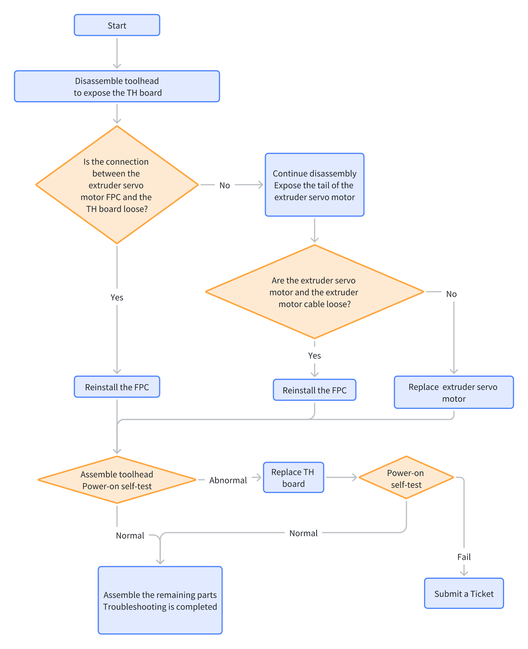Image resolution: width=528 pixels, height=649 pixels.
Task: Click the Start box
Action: tap(117, 25)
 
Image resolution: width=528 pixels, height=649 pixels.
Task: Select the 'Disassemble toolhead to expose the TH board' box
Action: tap(117, 86)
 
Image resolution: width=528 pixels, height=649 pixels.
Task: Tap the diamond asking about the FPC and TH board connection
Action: tap(117, 185)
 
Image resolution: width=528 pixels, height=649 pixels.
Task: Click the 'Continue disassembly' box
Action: tap(314, 185)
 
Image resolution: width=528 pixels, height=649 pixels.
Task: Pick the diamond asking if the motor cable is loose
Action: tap(314, 292)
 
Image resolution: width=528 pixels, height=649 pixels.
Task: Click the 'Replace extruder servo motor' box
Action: tap(454, 392)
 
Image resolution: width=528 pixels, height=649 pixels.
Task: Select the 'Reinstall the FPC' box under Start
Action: tap(117, 387)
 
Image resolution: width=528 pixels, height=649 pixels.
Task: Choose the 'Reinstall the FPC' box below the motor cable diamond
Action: tap(314, 390)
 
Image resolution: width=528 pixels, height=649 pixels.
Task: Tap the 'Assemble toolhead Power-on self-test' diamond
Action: tap(117, 480)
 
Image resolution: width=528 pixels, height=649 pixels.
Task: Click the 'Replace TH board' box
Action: tap(293, 477)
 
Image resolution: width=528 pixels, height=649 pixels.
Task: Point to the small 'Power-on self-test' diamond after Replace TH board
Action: tap(406, 477)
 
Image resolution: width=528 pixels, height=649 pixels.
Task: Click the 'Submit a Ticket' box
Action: tap(464, 593)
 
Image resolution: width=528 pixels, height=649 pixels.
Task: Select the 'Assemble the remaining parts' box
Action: tap(160, 600)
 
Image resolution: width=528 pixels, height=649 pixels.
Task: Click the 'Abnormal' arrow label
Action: tap(228, 480)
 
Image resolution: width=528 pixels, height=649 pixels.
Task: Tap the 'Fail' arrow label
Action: tap(464, 557)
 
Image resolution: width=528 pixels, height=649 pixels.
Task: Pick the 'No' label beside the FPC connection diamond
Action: tap(225, 185)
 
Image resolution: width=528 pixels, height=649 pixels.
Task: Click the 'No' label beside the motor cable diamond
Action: tap(451, 294)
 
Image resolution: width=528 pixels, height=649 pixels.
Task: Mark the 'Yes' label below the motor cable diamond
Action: tap(314, 355)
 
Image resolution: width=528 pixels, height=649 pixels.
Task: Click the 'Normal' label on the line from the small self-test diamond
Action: tap(304, 533)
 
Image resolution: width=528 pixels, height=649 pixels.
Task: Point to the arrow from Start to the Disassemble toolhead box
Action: tap(117, 53)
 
